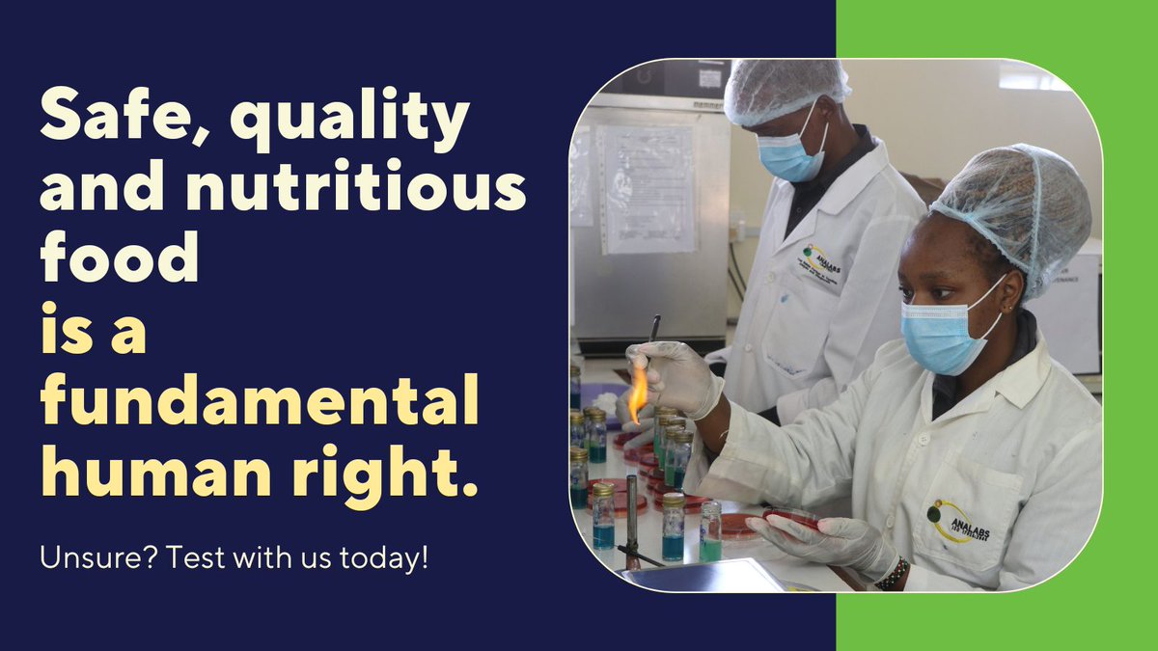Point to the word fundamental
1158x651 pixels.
(259, 406)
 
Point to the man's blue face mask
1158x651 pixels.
(789, 155)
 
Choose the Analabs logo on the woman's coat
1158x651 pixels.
(958, 522)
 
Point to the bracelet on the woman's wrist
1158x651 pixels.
(894, 575)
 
